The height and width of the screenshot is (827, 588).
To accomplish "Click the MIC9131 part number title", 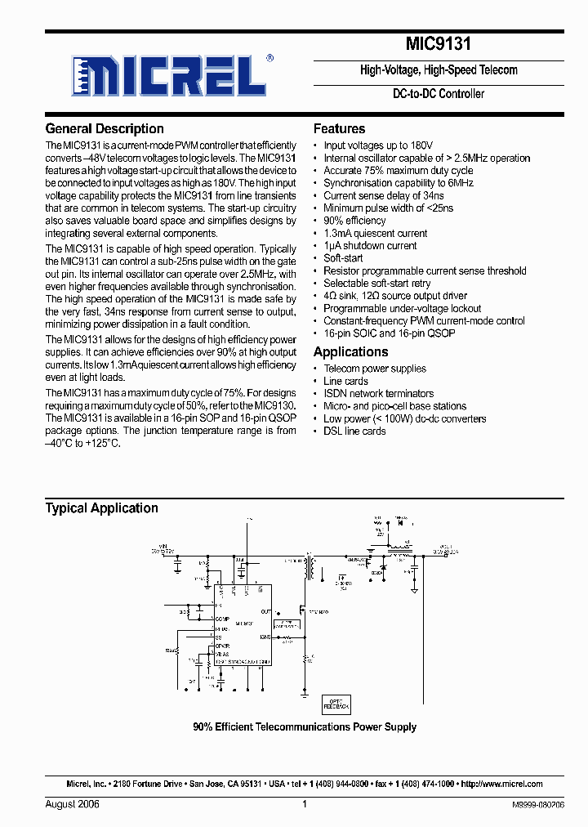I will point(438,43).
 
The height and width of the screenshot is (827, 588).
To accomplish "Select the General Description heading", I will point(105,129).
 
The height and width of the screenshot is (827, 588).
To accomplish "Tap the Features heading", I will point(339,129).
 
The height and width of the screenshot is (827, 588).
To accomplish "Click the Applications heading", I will point(350,352).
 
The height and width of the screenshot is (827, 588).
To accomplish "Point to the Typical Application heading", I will point(101,508).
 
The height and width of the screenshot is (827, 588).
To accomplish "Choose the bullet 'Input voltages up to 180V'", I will point(378,145).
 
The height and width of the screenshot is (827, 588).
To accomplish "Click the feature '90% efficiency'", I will point(354,221).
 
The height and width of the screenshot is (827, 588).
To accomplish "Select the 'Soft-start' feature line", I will point(343,258).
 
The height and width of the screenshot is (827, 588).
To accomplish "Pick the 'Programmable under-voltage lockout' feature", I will point(402,308).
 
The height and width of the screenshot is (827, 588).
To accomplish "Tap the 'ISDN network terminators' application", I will point(378,393).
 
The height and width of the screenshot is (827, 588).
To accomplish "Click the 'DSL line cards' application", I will point(354,431).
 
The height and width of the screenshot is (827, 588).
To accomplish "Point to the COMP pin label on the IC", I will point(222,619).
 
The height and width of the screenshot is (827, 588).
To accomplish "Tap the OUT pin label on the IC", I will point(266,611).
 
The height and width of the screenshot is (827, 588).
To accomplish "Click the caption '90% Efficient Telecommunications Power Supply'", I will point(305,726).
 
